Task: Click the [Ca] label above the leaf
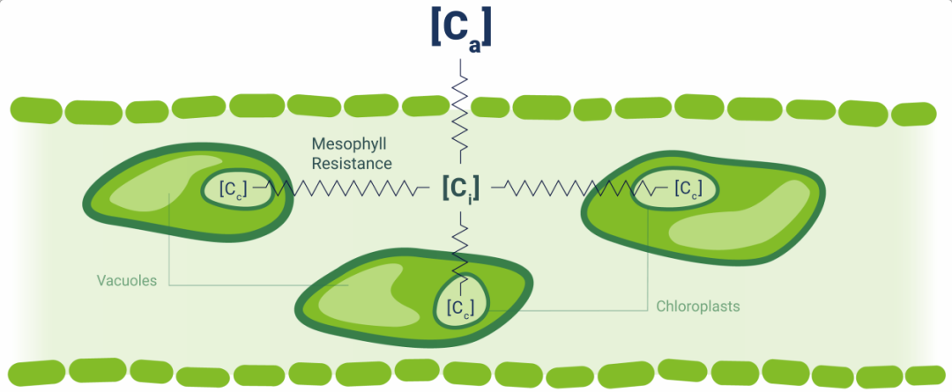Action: [460, 28]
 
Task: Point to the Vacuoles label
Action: [127, 282]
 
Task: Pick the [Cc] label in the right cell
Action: [687, 188]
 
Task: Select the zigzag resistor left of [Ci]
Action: [344, 188]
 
